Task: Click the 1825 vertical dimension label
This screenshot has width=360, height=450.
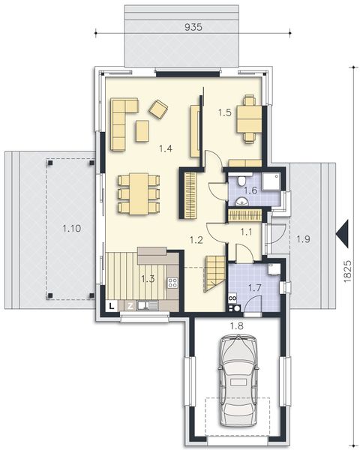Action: click(x=347, y=272)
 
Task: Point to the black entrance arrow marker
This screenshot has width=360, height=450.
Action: click(x=343, y=232)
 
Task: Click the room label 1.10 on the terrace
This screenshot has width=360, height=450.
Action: click(x=70, y=231)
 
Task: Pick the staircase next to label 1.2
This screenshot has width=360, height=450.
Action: click(x=214, y=273)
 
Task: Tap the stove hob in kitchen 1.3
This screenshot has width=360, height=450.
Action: click(x=172, y=283)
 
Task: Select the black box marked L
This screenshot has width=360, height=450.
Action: click(x=111, y=306)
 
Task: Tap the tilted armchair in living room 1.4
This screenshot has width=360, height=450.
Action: click(x=158, y=109)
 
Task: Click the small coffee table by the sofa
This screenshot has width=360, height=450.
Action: click(x=142, y=130)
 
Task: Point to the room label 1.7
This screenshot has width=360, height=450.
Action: click(x=253, y=286)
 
